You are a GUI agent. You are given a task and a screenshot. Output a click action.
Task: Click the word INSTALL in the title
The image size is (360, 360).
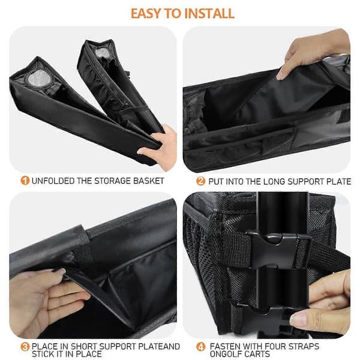(x=209, y=13)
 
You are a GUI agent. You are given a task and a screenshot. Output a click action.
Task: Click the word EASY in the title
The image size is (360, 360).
(x=146, y=13)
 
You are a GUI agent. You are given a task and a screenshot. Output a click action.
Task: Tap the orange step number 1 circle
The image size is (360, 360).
(x=25, y=181)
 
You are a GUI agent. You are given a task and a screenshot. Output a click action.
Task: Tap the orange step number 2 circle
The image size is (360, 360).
(x=200, y=181)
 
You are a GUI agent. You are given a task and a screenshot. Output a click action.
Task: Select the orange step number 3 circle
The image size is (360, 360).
(x=25, y=347)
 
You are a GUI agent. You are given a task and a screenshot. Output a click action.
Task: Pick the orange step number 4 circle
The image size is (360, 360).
(x=200, y=347)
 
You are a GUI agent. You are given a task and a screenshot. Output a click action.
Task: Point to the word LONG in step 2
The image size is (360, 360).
(x=274, y=181)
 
